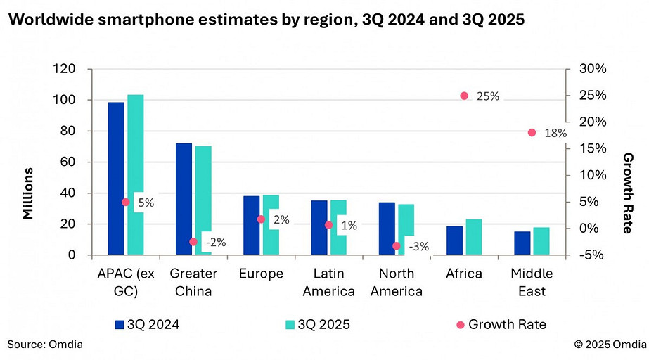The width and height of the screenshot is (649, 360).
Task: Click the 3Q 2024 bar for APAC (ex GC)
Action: [116, 179]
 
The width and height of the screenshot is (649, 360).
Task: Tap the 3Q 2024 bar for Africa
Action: [455, 240]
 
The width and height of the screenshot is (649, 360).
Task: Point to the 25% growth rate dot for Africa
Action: [464, 96]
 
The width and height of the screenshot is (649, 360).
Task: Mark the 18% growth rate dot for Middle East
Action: [532, 132]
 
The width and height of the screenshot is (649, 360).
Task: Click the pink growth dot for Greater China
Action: [193, 241]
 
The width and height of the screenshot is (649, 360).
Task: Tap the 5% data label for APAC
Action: [146, 202]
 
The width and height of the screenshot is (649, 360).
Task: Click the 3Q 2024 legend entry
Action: [147, 324]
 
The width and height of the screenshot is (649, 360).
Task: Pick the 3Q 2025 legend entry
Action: [316, 324]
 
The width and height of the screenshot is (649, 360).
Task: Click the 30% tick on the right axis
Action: [593, 69]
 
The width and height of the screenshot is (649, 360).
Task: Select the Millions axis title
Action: [28, 193]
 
